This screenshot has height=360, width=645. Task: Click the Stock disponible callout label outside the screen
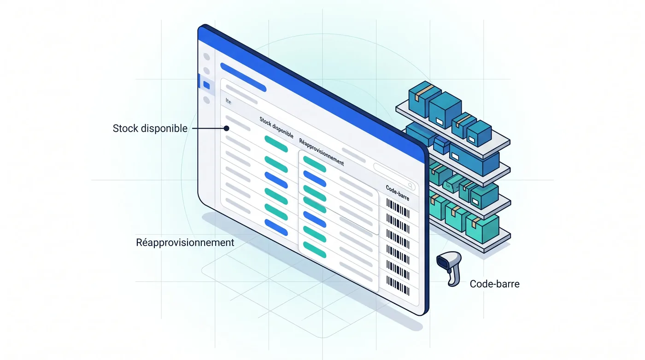tap(150, 129)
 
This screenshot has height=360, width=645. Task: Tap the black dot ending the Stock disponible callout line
tap(227, 129)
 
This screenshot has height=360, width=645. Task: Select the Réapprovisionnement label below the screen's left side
tap(185, 242)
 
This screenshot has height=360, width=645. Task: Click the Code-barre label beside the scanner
tap(495, 284)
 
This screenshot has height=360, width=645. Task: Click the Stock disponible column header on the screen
tap(276, 127)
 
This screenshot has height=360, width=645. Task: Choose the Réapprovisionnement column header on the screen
tap(322, 152)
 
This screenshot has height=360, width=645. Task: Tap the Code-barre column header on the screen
tap(397, 192)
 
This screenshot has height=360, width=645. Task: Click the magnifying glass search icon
tap(411, 186)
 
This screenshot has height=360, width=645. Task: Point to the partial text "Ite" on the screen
tap(229, 101)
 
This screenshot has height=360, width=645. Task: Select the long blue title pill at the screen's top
tap(243, 77)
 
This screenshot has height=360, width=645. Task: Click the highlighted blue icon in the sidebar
tap(206, 85)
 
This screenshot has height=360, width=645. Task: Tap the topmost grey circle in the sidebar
tap(206, 56)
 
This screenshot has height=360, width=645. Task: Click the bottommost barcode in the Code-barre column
tap(398, 286)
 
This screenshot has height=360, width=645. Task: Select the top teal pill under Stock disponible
tap(276, 144)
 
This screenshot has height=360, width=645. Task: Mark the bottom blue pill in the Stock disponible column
tap(276, 228)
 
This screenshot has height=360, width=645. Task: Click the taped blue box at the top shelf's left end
tap(424, 95)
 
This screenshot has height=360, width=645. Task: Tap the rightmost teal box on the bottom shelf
tap(482, 229)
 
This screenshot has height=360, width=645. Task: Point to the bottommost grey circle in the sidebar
tap(206, 100)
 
